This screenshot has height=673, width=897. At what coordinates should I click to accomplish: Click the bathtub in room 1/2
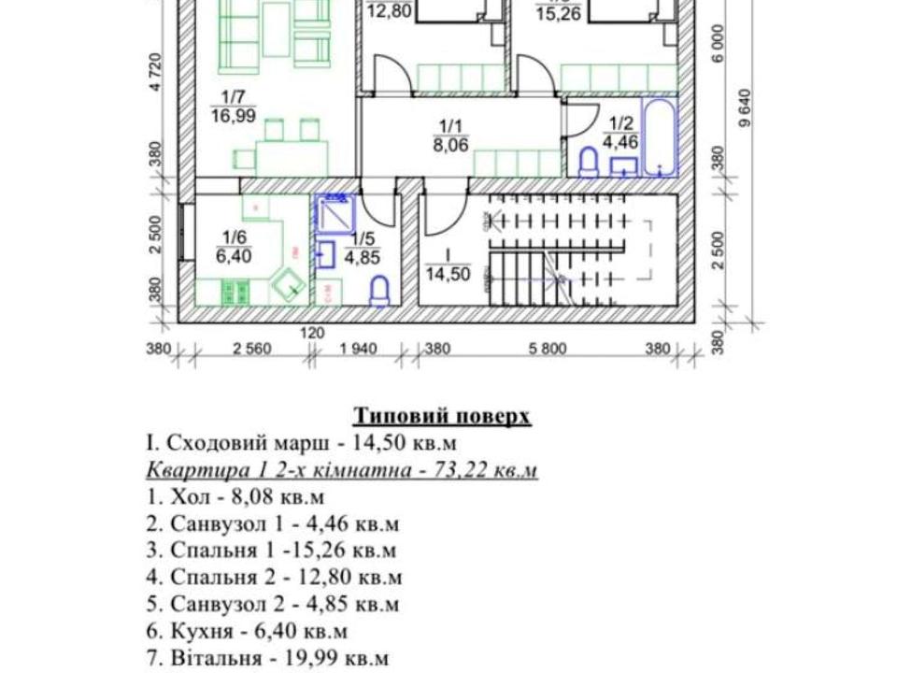(659, 137)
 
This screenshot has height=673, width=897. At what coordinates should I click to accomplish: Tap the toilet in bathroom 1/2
(589, 164)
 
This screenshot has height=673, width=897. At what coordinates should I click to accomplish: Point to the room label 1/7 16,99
(233, 106)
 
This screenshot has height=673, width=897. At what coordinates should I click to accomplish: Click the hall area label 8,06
(450, 145)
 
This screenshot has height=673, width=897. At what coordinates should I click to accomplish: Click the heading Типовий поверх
(442, 416)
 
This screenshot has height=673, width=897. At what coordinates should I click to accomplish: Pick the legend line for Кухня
(248, 631)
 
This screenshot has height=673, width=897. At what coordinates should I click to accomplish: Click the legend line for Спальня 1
(271, 550)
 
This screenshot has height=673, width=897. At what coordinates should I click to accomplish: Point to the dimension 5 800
(548, 351)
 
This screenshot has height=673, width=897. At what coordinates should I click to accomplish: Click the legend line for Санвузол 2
(273, 604)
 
